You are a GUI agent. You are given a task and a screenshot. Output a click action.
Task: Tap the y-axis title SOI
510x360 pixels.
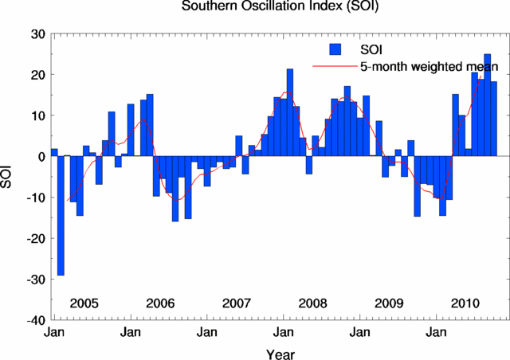pyautogui.click(x=10, y=177)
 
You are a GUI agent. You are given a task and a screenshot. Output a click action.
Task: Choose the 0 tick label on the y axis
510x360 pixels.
pyautogui.click(x=42, y=157)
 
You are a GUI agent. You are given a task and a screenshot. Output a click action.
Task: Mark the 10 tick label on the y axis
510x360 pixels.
pyautogui.click(x=39, y=116)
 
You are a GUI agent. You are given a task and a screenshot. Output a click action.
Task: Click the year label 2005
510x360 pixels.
pyautogui.click(x=84, y=303)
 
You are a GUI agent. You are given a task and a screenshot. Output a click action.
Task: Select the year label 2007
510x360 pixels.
pyautogui.click(x=237, y=303)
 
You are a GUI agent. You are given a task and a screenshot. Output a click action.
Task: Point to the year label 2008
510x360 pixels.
pyautogui.click(x=313, y=303)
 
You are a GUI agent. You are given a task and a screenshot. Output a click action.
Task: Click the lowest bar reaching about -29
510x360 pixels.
pyautogui.click(x=61, y=215)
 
